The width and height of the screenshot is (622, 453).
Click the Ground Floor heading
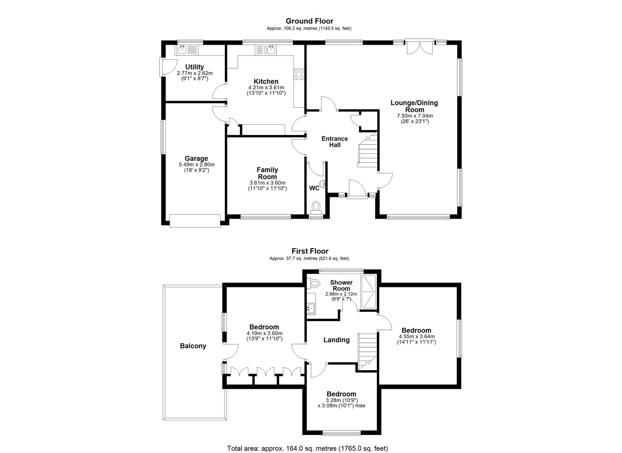309,21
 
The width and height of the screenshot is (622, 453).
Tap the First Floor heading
310,251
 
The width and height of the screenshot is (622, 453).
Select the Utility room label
194,67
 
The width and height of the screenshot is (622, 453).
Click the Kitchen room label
266,82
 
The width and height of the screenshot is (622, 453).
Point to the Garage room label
196,159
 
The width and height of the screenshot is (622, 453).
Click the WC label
314,188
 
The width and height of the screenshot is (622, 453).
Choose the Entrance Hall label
334,142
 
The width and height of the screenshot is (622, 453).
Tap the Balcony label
193,346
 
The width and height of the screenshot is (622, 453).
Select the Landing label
336,340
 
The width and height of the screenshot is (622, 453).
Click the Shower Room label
341,285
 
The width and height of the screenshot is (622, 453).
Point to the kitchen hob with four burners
299,74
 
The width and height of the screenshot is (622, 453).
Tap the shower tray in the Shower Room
368,292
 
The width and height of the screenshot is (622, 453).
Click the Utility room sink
187,50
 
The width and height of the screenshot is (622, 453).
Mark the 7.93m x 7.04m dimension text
415,116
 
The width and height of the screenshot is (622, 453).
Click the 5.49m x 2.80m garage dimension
197,164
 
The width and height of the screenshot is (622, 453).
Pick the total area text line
307,441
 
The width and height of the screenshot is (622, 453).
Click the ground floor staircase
367,149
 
